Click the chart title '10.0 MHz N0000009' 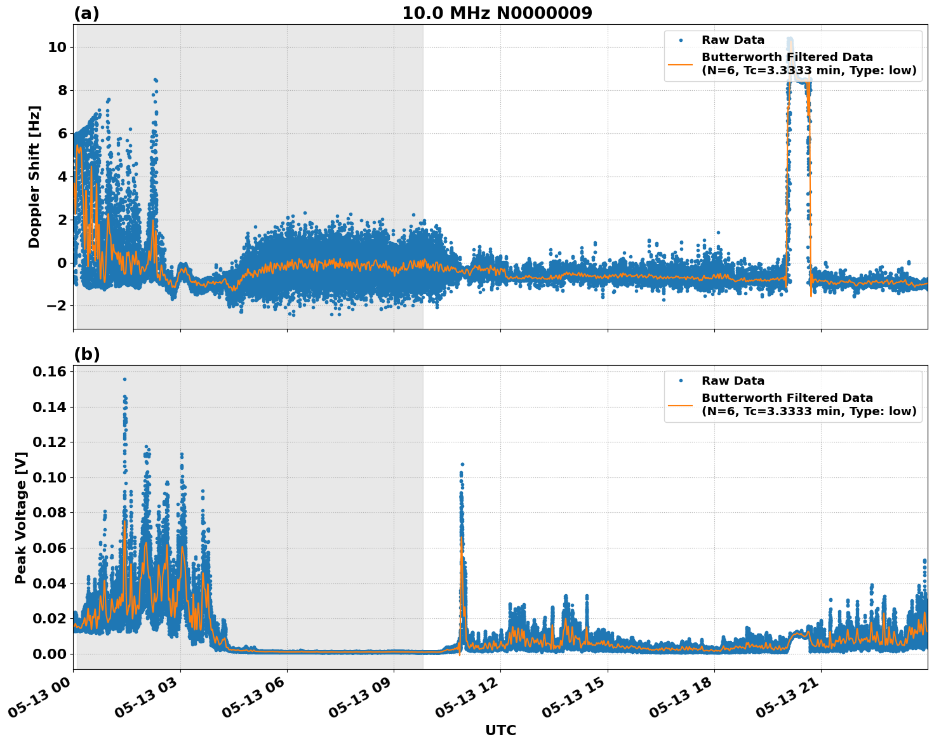point(497,13)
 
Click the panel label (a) point(86,13)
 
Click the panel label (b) point(86,354)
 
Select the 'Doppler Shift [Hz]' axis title point(34,176)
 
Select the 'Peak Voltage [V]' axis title point(21,517)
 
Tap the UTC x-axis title point(500,730)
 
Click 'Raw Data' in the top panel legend point(733,40)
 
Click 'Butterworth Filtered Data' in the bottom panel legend point(787,398)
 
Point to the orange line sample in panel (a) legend point(680,64)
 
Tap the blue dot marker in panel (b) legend point(680,381)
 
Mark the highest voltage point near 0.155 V point(124,379)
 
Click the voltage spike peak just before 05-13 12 point(462,464)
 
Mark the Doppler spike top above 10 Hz point(789,39)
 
